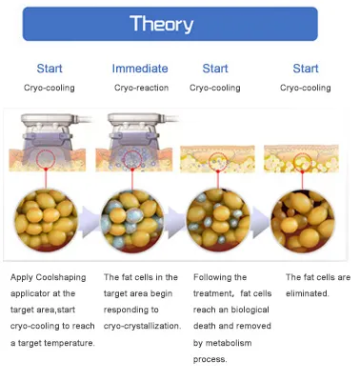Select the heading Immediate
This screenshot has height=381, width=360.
[140, 69]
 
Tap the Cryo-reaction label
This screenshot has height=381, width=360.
[139, 88]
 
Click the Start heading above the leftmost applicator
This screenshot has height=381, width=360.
[50, 69]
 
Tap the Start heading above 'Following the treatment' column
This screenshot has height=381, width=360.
[215, 69]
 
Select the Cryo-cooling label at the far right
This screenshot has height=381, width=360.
[305, 88]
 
